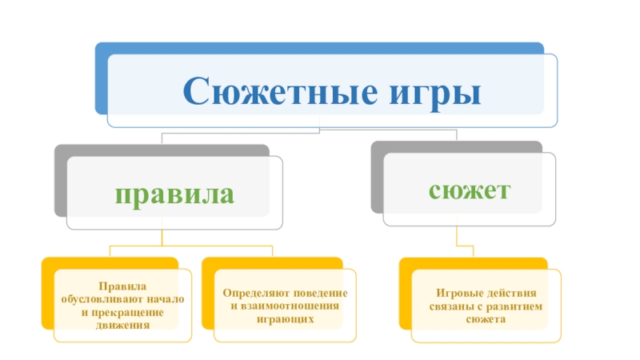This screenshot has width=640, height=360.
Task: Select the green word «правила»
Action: tap(174, 194)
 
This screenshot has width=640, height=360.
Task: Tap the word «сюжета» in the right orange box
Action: tap(485, 319)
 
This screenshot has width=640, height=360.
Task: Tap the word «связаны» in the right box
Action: tap(446, 306)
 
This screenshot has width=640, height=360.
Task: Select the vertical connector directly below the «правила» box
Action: tap(162, 237)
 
